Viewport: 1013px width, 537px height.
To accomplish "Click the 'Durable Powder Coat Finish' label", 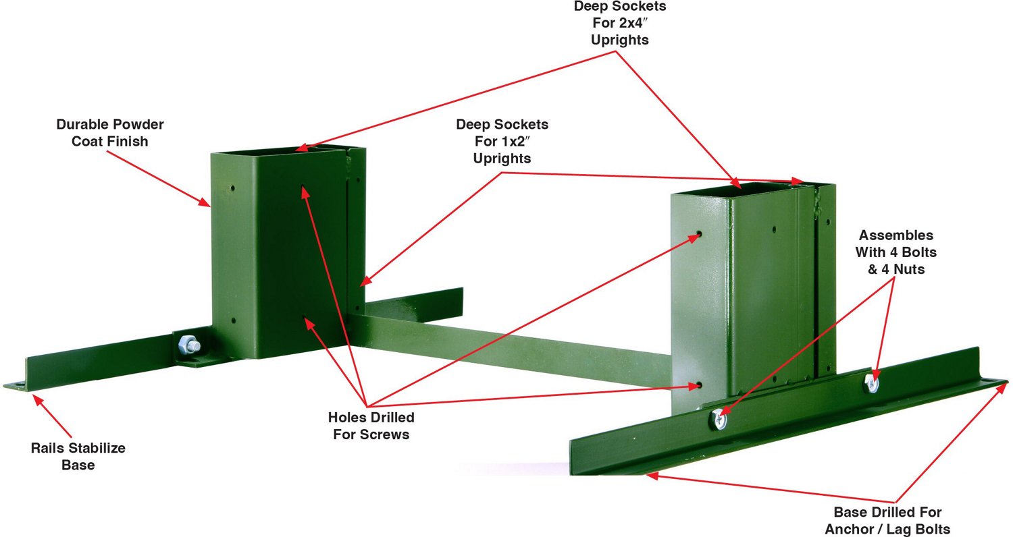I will coord(110,133).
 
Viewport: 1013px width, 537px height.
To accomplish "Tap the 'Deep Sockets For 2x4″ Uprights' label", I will coord(619,23).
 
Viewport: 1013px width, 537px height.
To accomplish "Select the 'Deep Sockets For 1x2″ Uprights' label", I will coord(502,141).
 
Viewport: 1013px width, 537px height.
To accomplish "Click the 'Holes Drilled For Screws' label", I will coord(371,426).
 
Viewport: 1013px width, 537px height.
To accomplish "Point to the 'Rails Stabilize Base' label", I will coord(78,456).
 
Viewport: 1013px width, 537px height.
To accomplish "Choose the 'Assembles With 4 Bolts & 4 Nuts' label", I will coord(896,252).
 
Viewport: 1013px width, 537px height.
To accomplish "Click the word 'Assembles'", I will coord(896,235).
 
